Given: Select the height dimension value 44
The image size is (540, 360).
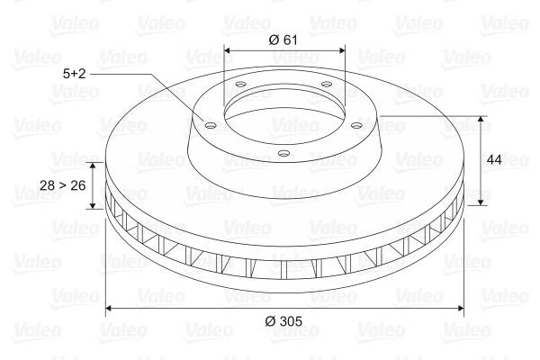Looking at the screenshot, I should coord(493,159).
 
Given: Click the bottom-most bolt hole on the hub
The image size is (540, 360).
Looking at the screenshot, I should coord(283,153).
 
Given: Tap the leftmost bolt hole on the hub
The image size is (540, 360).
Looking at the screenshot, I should coord(210,125).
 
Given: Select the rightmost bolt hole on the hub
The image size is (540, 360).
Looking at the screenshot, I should coord(356,125).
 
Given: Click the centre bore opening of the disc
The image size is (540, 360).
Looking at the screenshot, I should coord(283,112).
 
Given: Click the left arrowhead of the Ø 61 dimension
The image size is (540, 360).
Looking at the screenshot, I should coord(227,51).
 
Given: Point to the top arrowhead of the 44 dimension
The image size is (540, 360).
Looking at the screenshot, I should coord(483,120).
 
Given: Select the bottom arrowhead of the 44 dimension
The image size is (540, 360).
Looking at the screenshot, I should coord(483,202).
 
